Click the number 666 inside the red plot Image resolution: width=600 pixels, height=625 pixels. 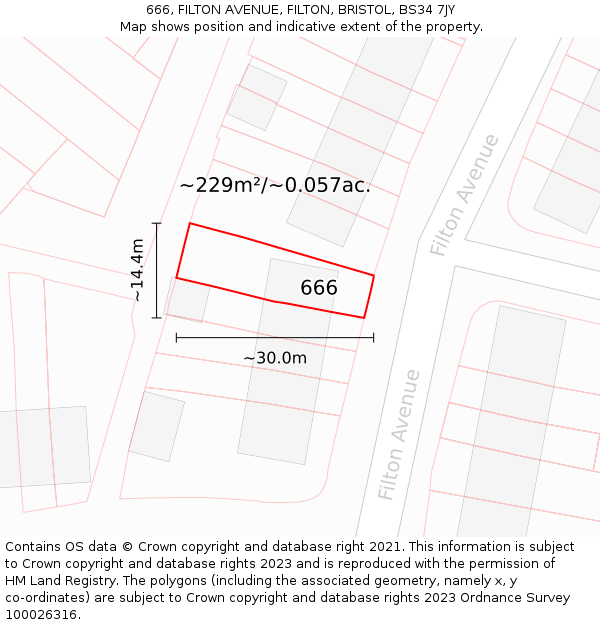point(319,288)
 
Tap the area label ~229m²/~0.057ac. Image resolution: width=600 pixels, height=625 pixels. point(275,185)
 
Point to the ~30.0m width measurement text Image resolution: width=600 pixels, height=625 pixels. point(275,358)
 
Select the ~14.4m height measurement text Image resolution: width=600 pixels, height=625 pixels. point(138,270)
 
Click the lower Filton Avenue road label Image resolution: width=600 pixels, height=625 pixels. point(399,435)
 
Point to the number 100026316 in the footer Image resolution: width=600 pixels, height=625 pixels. point(43,615)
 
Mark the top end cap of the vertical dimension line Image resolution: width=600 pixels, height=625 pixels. point(157,223)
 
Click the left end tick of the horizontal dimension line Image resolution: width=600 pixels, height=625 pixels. point(177,338)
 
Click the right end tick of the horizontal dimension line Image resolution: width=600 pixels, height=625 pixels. point(374,338)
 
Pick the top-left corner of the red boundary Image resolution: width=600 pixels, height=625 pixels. point(190,224)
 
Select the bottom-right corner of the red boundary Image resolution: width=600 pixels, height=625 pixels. point(364,318)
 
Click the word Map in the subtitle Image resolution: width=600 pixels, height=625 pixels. point(134,27)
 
